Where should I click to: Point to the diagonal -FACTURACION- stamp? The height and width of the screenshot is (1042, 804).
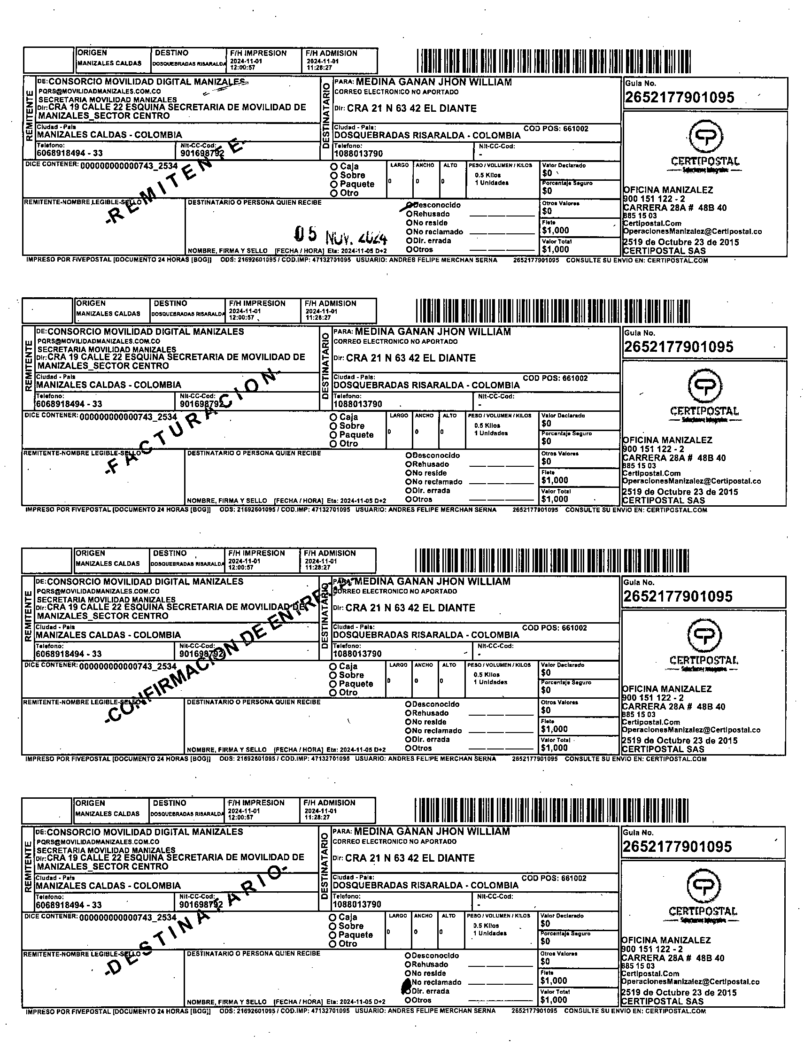pos(191,422)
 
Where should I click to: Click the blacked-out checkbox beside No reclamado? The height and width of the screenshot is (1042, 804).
pos(407,982)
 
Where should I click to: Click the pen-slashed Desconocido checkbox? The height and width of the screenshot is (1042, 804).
pos(409,205)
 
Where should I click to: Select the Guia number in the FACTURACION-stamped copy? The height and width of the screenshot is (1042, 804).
pos(678,347)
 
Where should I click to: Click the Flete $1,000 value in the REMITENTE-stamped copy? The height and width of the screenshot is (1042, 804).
pos(555,231)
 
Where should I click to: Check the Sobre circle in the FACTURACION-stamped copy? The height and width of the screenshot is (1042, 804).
pos(333,426)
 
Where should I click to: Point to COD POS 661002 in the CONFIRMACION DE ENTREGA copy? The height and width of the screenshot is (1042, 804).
pos(555,628)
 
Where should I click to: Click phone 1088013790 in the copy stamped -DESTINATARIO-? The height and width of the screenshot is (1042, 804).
pos(357,904)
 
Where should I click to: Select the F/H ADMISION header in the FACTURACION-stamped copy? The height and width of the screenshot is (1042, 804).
pos(331,303)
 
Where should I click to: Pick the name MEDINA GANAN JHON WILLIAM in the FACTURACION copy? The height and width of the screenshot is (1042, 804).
pos(433,332)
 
